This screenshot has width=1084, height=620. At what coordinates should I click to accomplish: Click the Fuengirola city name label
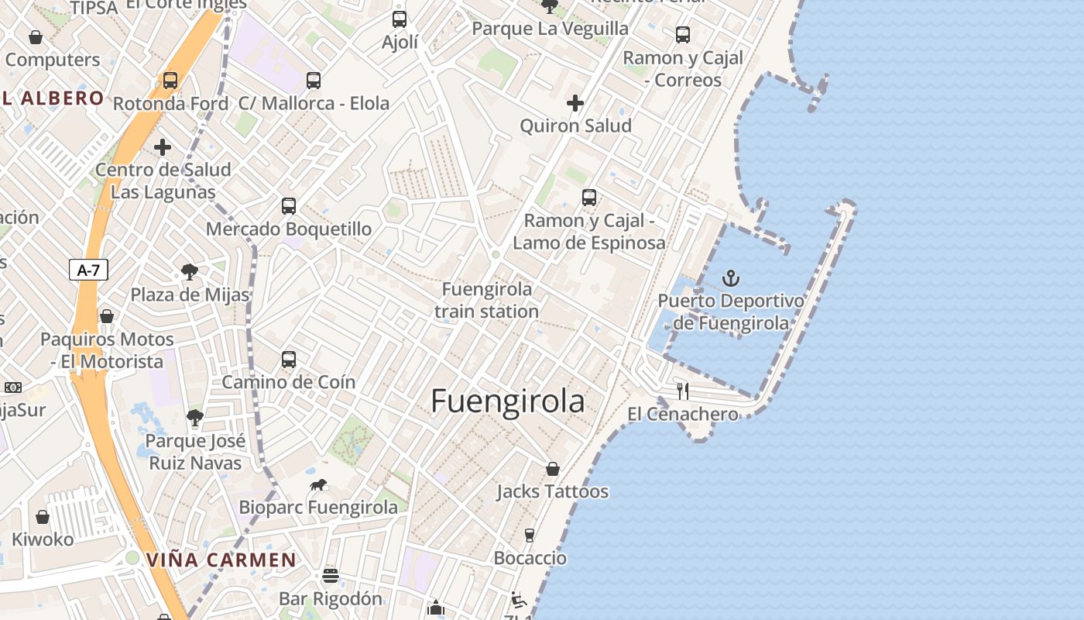(x=507, y=401)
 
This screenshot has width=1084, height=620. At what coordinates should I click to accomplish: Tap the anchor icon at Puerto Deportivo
(x=730, y=277)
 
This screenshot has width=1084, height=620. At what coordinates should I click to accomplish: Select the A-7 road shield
(x=88, y=270)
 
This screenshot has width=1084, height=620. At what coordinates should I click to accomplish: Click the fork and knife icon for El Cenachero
(x=682, y=391)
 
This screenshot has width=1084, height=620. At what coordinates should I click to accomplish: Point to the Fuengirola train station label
(x=487, y=300)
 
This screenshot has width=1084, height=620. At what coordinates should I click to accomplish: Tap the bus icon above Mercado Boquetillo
(x=289, y=205)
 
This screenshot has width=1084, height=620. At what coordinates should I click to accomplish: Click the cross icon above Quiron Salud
(x=575, y=102)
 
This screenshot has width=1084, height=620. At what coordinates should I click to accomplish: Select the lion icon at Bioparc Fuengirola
(x=318, y=485)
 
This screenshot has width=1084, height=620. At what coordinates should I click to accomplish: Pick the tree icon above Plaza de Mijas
(x=189, y=271)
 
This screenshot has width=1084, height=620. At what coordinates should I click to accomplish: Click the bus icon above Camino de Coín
(x=289, y=359)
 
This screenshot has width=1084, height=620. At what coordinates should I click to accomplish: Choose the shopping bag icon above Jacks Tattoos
(x=553, y=468)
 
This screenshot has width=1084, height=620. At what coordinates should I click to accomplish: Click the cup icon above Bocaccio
(x=530, y=535)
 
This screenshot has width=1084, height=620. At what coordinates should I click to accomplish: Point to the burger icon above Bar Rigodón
(x=331, y=576)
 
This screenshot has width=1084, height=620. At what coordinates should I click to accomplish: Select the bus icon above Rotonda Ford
(x=170, y=80)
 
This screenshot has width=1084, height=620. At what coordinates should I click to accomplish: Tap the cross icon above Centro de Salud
(x=163, y=146)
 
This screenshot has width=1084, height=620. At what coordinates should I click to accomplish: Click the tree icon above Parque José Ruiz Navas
(x=195, y=418)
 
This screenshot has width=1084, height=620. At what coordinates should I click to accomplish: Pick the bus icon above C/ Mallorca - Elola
(x=314, y=80)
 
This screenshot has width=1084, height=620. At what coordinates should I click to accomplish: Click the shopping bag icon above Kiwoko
(x=43, y=516)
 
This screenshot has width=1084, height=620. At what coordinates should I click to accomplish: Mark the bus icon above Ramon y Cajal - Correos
(x=682, y=34)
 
